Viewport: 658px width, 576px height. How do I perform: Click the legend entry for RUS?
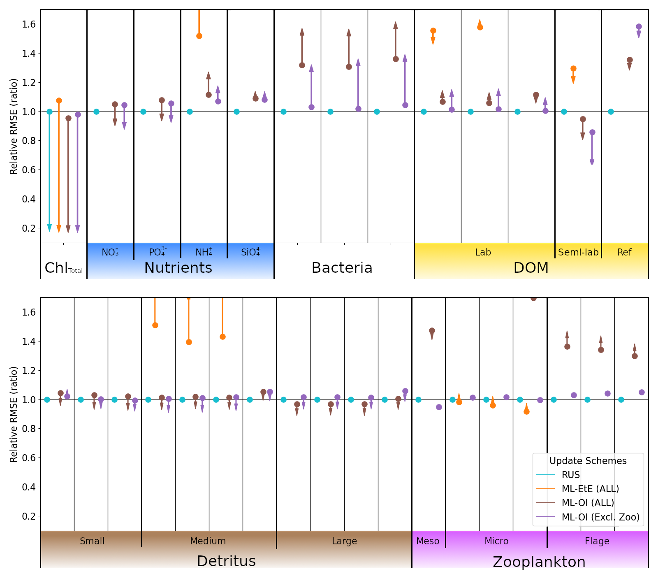570,475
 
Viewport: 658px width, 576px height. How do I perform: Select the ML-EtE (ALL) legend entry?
590,489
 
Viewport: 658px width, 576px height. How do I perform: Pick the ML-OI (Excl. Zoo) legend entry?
600,517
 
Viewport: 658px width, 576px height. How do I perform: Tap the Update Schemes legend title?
588,461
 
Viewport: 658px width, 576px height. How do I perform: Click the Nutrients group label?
178,268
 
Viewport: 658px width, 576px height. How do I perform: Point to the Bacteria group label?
342,268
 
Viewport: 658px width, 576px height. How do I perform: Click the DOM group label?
531,268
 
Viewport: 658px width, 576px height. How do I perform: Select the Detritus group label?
226,561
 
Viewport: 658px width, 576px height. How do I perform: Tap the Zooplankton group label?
539,562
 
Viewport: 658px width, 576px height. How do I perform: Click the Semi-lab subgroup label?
578,252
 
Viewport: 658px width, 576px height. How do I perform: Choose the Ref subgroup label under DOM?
624,252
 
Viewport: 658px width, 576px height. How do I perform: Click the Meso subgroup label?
428,541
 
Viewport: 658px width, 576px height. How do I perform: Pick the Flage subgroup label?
597,541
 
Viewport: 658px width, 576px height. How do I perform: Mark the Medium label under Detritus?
208,541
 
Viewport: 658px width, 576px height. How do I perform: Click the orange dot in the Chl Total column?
59,100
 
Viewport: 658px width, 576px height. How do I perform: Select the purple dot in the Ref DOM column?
639,27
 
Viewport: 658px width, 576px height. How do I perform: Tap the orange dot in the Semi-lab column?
573,69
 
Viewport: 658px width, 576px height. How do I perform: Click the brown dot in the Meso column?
432,330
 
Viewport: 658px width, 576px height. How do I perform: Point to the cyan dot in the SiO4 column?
236,111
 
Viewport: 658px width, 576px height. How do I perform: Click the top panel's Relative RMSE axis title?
14,126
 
